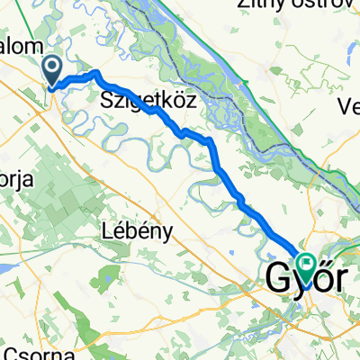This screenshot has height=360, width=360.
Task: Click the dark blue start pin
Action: click(52, 69)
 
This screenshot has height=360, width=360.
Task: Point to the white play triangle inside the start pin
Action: click(52, 65)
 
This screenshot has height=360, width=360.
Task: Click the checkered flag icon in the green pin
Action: click(309, 263)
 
